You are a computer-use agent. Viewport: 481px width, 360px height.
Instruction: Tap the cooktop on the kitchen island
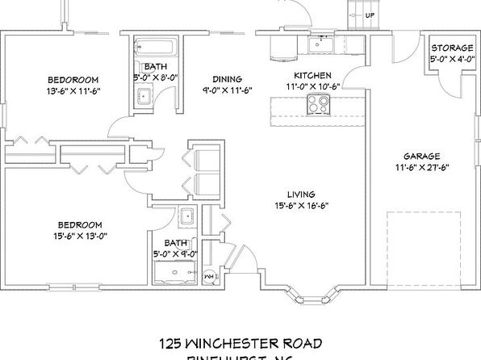(317, 103)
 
